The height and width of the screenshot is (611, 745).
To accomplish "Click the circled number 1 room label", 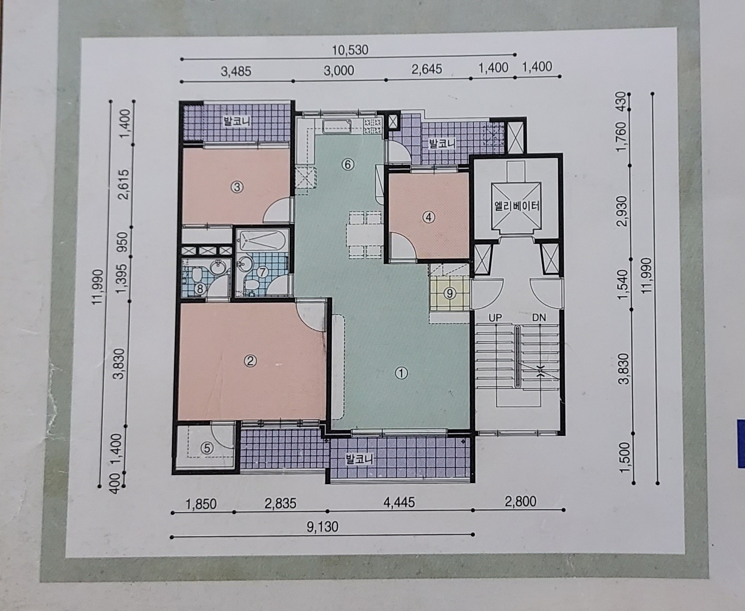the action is [x=402, y=373].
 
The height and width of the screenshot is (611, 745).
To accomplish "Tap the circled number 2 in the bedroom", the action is [x=251, y=361].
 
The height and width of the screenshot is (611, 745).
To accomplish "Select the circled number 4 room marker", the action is [x=429, y=217].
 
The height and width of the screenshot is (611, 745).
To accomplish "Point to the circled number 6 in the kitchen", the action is [x=348, y=164].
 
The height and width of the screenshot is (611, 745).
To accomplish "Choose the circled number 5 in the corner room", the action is [x=207, y=448].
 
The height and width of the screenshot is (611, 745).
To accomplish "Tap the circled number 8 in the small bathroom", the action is [x=200, y=289].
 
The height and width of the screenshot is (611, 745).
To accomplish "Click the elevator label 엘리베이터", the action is [x=517, y=206].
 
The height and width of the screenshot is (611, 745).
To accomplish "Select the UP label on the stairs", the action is [x=495, y=318].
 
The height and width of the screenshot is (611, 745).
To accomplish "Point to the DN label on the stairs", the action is [x=539, y=318].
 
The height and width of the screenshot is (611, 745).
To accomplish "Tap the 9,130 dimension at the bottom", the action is [x=323, y=526].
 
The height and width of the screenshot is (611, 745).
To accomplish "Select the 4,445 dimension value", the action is [x=399, y=502].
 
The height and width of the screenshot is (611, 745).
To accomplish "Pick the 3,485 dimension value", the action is [x=236, y=72].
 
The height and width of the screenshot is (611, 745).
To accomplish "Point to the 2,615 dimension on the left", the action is [x=124, y=184].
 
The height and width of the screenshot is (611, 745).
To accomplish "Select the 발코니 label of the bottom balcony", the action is [x=360, y=459].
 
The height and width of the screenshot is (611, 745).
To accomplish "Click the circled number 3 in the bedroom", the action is [x=237, y=187].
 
